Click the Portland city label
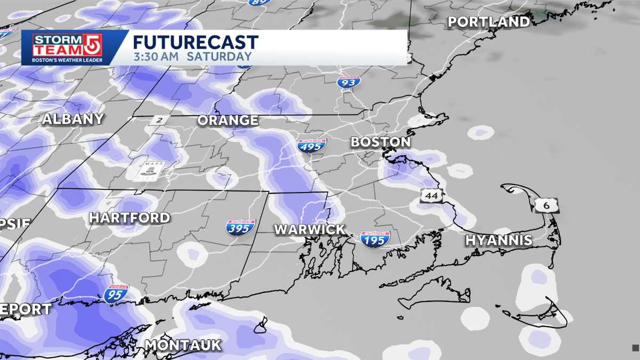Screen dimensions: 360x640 (488, 22)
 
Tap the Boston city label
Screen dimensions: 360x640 (380, 142)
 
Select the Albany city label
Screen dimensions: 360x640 (73, 119)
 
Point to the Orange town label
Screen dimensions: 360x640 (228, 121)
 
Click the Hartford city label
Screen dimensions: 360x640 (129, 218)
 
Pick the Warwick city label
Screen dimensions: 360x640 (309, 230)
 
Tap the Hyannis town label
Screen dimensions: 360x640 (499, 241)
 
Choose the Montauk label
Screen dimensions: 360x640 (182, 345)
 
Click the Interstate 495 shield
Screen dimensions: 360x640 (312, 146)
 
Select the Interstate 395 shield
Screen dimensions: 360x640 (241, 228)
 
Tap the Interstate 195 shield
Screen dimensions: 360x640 (375, 239)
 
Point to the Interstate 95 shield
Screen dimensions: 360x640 (116, 294)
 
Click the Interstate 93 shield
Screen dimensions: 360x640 (349, 82)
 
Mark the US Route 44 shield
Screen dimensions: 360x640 (431, 196)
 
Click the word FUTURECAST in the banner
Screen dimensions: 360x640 (196, 42)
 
